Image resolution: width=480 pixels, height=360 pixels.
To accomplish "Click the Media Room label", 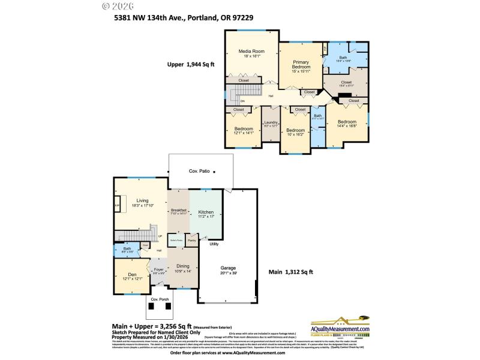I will pos(251,52).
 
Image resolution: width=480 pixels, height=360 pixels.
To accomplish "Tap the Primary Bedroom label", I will pos(301,65).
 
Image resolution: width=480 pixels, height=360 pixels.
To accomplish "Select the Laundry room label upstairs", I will pos(271,122).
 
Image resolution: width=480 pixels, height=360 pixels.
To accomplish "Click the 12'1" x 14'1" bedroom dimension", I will pos(244,133).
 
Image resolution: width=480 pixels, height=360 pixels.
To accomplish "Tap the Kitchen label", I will pos(206,212).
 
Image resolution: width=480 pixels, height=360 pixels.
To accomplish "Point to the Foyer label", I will pos(158,269).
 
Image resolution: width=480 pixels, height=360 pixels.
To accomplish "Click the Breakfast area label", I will pos(179,210).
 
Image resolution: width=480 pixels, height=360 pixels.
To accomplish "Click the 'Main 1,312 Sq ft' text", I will pos(290,272).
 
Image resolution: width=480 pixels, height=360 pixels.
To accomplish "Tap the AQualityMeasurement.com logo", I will pos(340,327).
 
